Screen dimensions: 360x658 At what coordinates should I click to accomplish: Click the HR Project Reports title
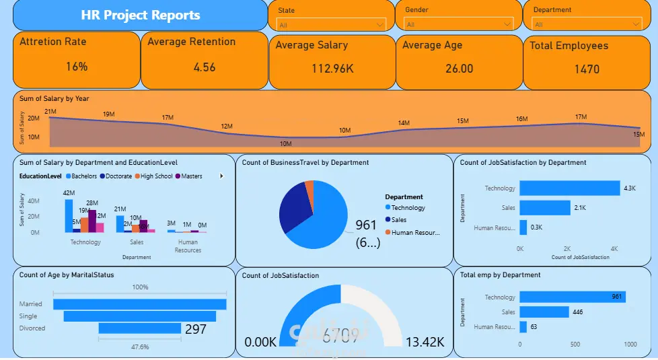pos(140,15)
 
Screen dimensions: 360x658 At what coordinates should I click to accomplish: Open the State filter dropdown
pos(332,25)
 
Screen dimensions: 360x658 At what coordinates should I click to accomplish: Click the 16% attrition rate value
pos(77,67)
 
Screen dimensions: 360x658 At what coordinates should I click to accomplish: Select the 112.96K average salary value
pos(332,69)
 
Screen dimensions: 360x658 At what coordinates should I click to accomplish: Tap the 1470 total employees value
pos(586,69)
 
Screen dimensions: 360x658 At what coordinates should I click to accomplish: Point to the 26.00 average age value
pos(459,69)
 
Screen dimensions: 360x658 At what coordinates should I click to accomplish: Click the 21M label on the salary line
pos(50,111)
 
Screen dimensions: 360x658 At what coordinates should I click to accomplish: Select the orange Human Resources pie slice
pos(309,186)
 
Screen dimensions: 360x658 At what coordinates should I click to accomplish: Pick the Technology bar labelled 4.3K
pos(569,188)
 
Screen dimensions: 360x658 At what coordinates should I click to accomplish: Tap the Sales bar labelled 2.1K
pos(544,208)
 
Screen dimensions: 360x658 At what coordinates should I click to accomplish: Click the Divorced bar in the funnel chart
pos(139,328)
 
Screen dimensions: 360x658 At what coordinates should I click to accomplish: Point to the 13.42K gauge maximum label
pos(425,342)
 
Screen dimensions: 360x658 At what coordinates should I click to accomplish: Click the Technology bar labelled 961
pos(572,297)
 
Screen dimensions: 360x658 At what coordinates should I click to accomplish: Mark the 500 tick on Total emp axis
pos(575,344)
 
